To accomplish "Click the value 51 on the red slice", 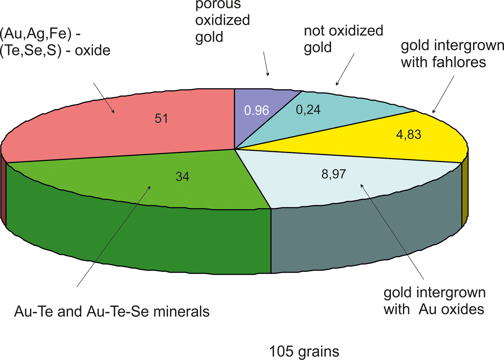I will tap(161, 118).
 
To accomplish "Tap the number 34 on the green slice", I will tap(183, 176).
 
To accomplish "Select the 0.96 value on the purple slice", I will tap(256, 110).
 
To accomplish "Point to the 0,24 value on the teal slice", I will tap(308, 109).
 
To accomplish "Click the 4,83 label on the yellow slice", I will tap(409, 134).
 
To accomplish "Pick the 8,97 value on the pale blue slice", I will tap(334, 174).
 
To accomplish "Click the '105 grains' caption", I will tap(304, 351).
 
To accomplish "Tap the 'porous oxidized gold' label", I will tap(222, 21).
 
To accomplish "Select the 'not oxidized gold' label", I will tap(343, 39).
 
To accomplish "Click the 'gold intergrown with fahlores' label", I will tap(452, 54).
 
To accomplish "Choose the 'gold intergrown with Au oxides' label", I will tap(435, 301).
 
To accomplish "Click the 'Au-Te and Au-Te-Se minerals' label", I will tap(112, 311).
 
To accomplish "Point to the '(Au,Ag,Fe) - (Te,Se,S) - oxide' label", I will tap(55, 42).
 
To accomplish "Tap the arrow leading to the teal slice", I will tap(345, 69).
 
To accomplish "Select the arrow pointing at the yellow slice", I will tap(443, 94).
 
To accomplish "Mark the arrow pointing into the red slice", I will tap(104, 98).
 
